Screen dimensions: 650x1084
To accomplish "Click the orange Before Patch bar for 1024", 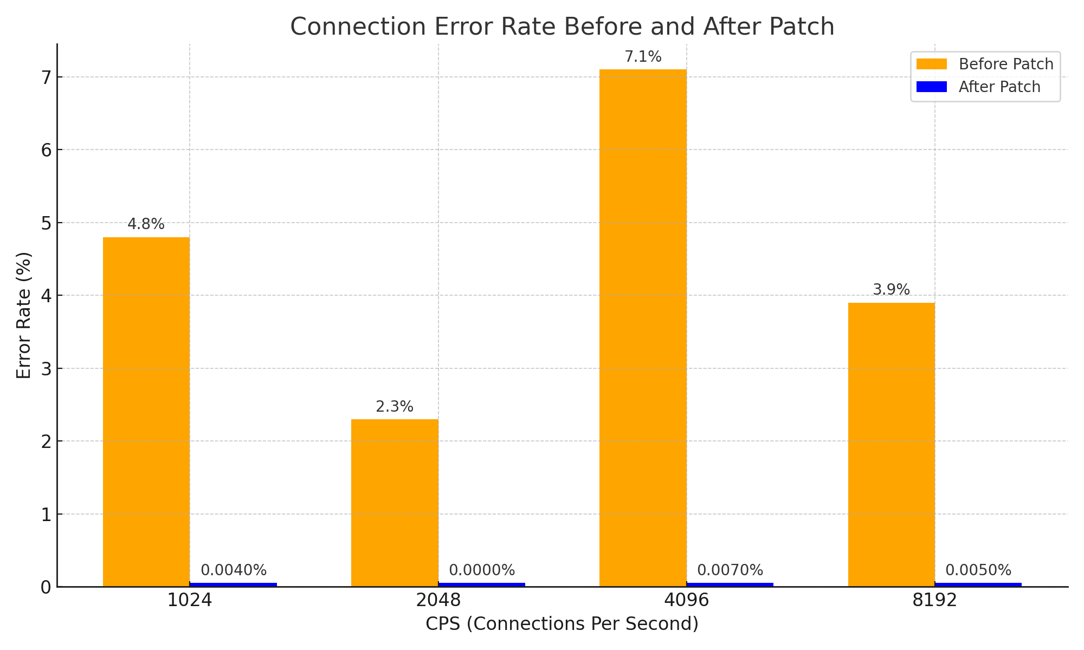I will pos(146,412).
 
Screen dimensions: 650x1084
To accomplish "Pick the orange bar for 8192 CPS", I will pos(891,444).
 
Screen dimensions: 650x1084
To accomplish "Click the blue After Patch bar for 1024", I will pos(234,584).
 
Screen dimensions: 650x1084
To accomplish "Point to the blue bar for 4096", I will pos(730,584).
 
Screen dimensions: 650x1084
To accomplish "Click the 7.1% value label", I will pos(643,57).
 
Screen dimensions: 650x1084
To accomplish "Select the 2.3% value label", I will pos(395,407).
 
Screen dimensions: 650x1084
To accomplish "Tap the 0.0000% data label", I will pos(482,570).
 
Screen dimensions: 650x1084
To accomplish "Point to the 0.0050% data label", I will pos(978,570).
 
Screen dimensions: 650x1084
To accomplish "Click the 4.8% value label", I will pos(146,224).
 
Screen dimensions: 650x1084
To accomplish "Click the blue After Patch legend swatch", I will pos(931,87).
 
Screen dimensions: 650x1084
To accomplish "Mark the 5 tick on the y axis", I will pos(46,223).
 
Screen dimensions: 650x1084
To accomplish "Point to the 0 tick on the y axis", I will pos(46,587).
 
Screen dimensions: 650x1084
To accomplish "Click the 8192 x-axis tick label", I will pos(935,601).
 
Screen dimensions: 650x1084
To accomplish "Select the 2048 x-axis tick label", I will pos(438,601).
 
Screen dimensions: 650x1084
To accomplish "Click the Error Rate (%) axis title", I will pos(24,315).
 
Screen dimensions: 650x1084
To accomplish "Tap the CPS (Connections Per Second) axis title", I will pos(562,624).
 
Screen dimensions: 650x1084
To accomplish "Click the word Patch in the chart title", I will pos(808,27).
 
